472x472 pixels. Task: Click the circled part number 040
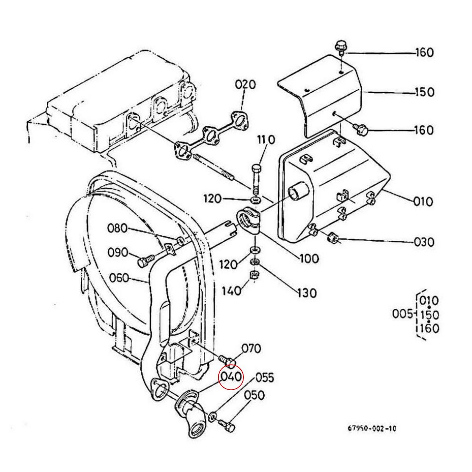coord(231,376)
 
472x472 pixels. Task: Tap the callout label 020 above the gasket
coord(245,85)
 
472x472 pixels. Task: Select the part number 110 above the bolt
coord(266,140)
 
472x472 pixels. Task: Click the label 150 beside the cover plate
coord(424,92)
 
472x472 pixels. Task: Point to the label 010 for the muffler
coord(422,202)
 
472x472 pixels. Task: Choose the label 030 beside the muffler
coord(424,242)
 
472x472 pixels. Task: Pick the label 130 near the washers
coord(306,293)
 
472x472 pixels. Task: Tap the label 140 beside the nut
coord(231,291)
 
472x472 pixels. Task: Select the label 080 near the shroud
coord(118,228)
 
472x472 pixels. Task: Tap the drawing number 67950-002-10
coord(372,429)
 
